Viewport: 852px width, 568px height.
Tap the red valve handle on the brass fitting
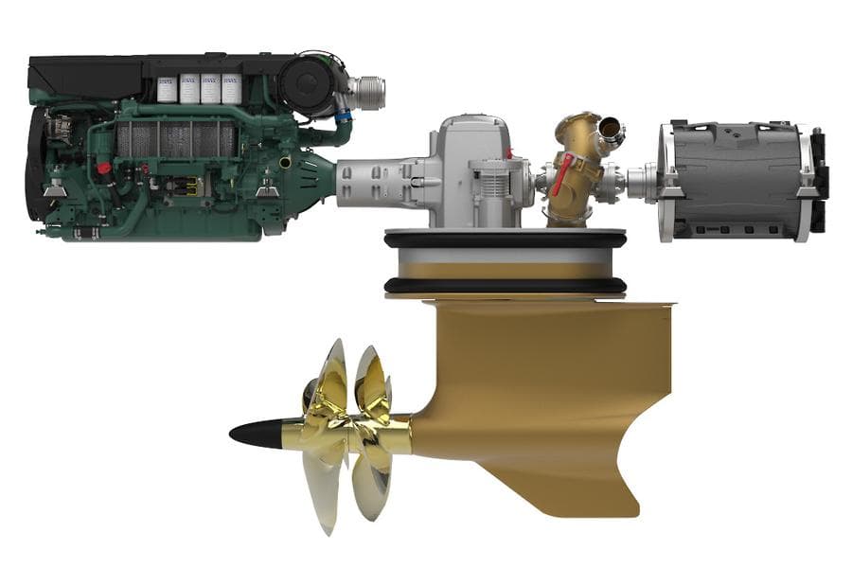(x=564, y=174)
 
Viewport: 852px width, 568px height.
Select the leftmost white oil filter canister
(x=168, y=88)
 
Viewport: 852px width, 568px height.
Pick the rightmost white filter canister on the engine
(x=231, y=88)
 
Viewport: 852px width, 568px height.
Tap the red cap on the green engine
(x=103, y=169)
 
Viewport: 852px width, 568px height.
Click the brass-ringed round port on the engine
(x=285, y=163)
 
